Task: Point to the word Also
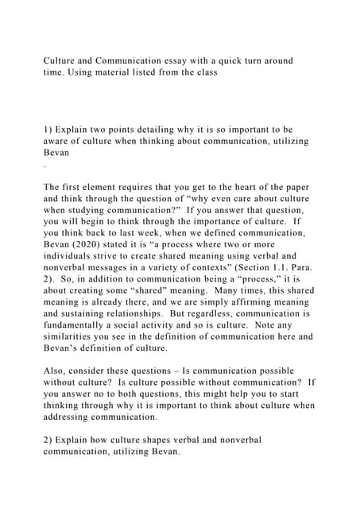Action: click(x=56, y=371)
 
